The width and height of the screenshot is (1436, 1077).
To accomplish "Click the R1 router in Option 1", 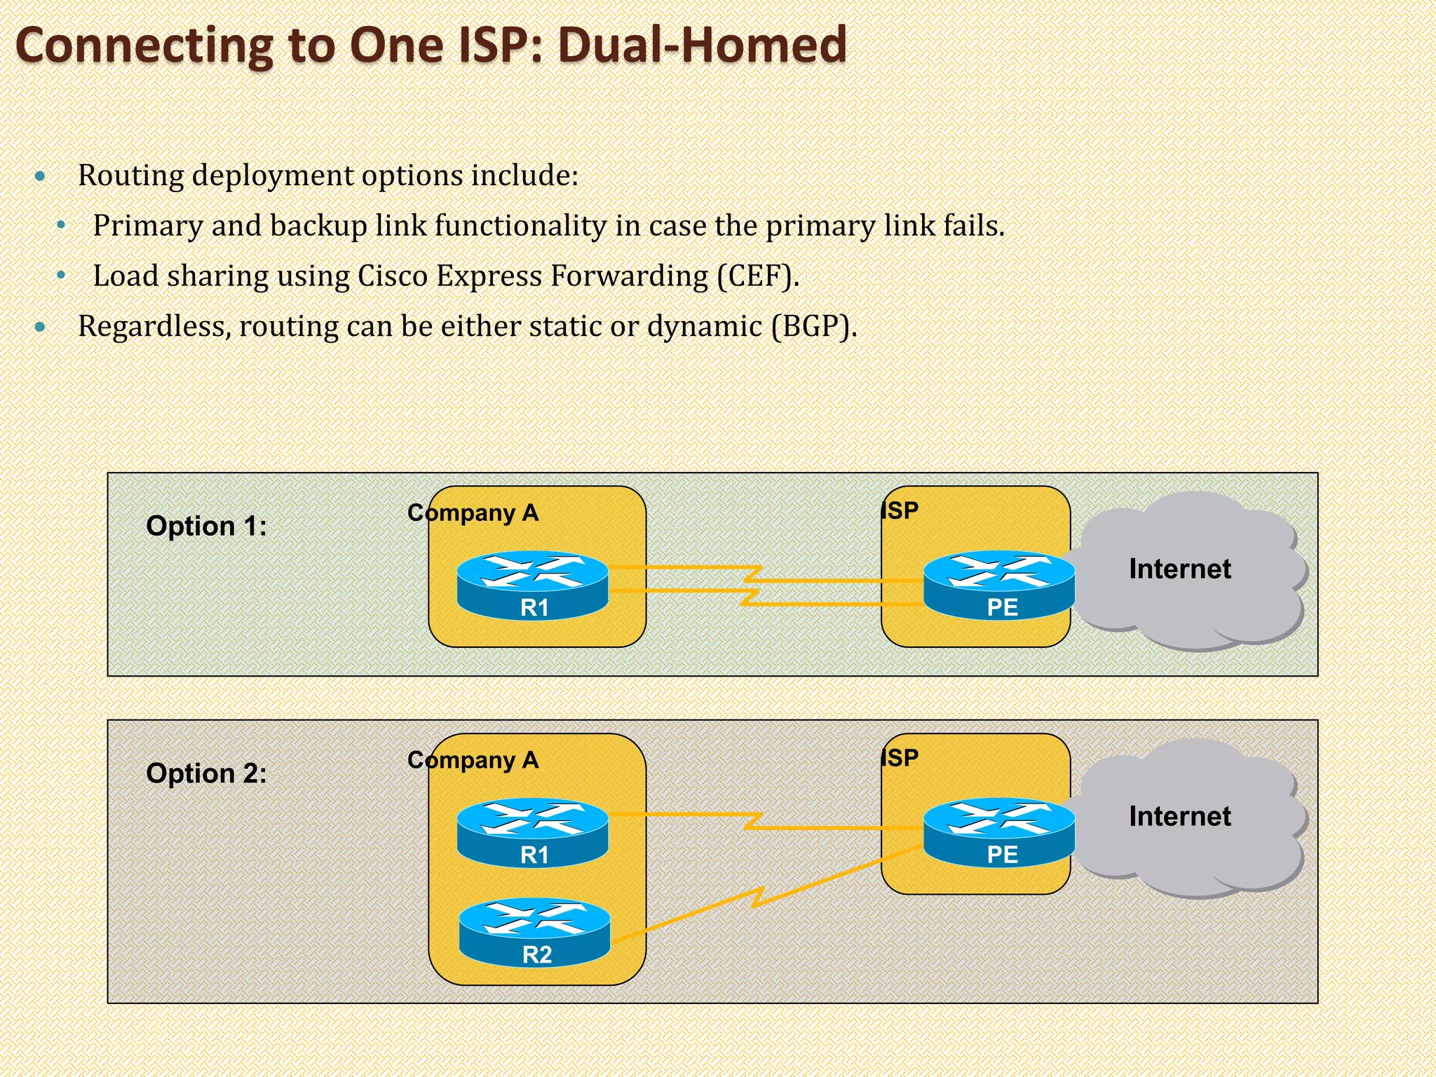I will click(x=533, y=585).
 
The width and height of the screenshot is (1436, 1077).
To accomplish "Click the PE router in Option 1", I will click(x=999, y=585).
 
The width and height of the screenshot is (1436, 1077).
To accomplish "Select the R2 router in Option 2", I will click(x=535, y=932).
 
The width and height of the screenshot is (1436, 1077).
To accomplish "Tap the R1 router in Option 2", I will click(x=533, y=832).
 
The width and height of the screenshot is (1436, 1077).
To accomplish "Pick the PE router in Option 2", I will click(x=999, y=832).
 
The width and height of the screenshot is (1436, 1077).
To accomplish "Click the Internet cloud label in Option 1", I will click(x=1179, y=569).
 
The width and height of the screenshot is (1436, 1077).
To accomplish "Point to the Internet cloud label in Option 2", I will click(x=1179, y=816).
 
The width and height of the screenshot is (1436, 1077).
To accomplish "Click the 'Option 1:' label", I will click(x=206, y=526).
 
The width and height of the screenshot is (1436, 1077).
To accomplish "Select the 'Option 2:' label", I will click(x=206, y=773).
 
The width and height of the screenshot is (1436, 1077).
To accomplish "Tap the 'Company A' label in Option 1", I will click(x=473, y=513).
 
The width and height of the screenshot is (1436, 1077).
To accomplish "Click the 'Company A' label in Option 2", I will click(x=473, y=761).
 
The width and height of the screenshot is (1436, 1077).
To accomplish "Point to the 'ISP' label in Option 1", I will click(x=900, y=510).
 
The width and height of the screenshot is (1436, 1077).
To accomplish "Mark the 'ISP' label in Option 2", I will click(x=900, y=758).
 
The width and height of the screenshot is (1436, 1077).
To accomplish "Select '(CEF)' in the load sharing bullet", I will click(x=757, y=276).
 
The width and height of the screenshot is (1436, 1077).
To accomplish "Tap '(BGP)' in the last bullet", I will click(x=813, y=327).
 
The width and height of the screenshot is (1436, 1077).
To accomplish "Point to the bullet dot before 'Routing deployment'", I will click(x=41, y=176).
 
